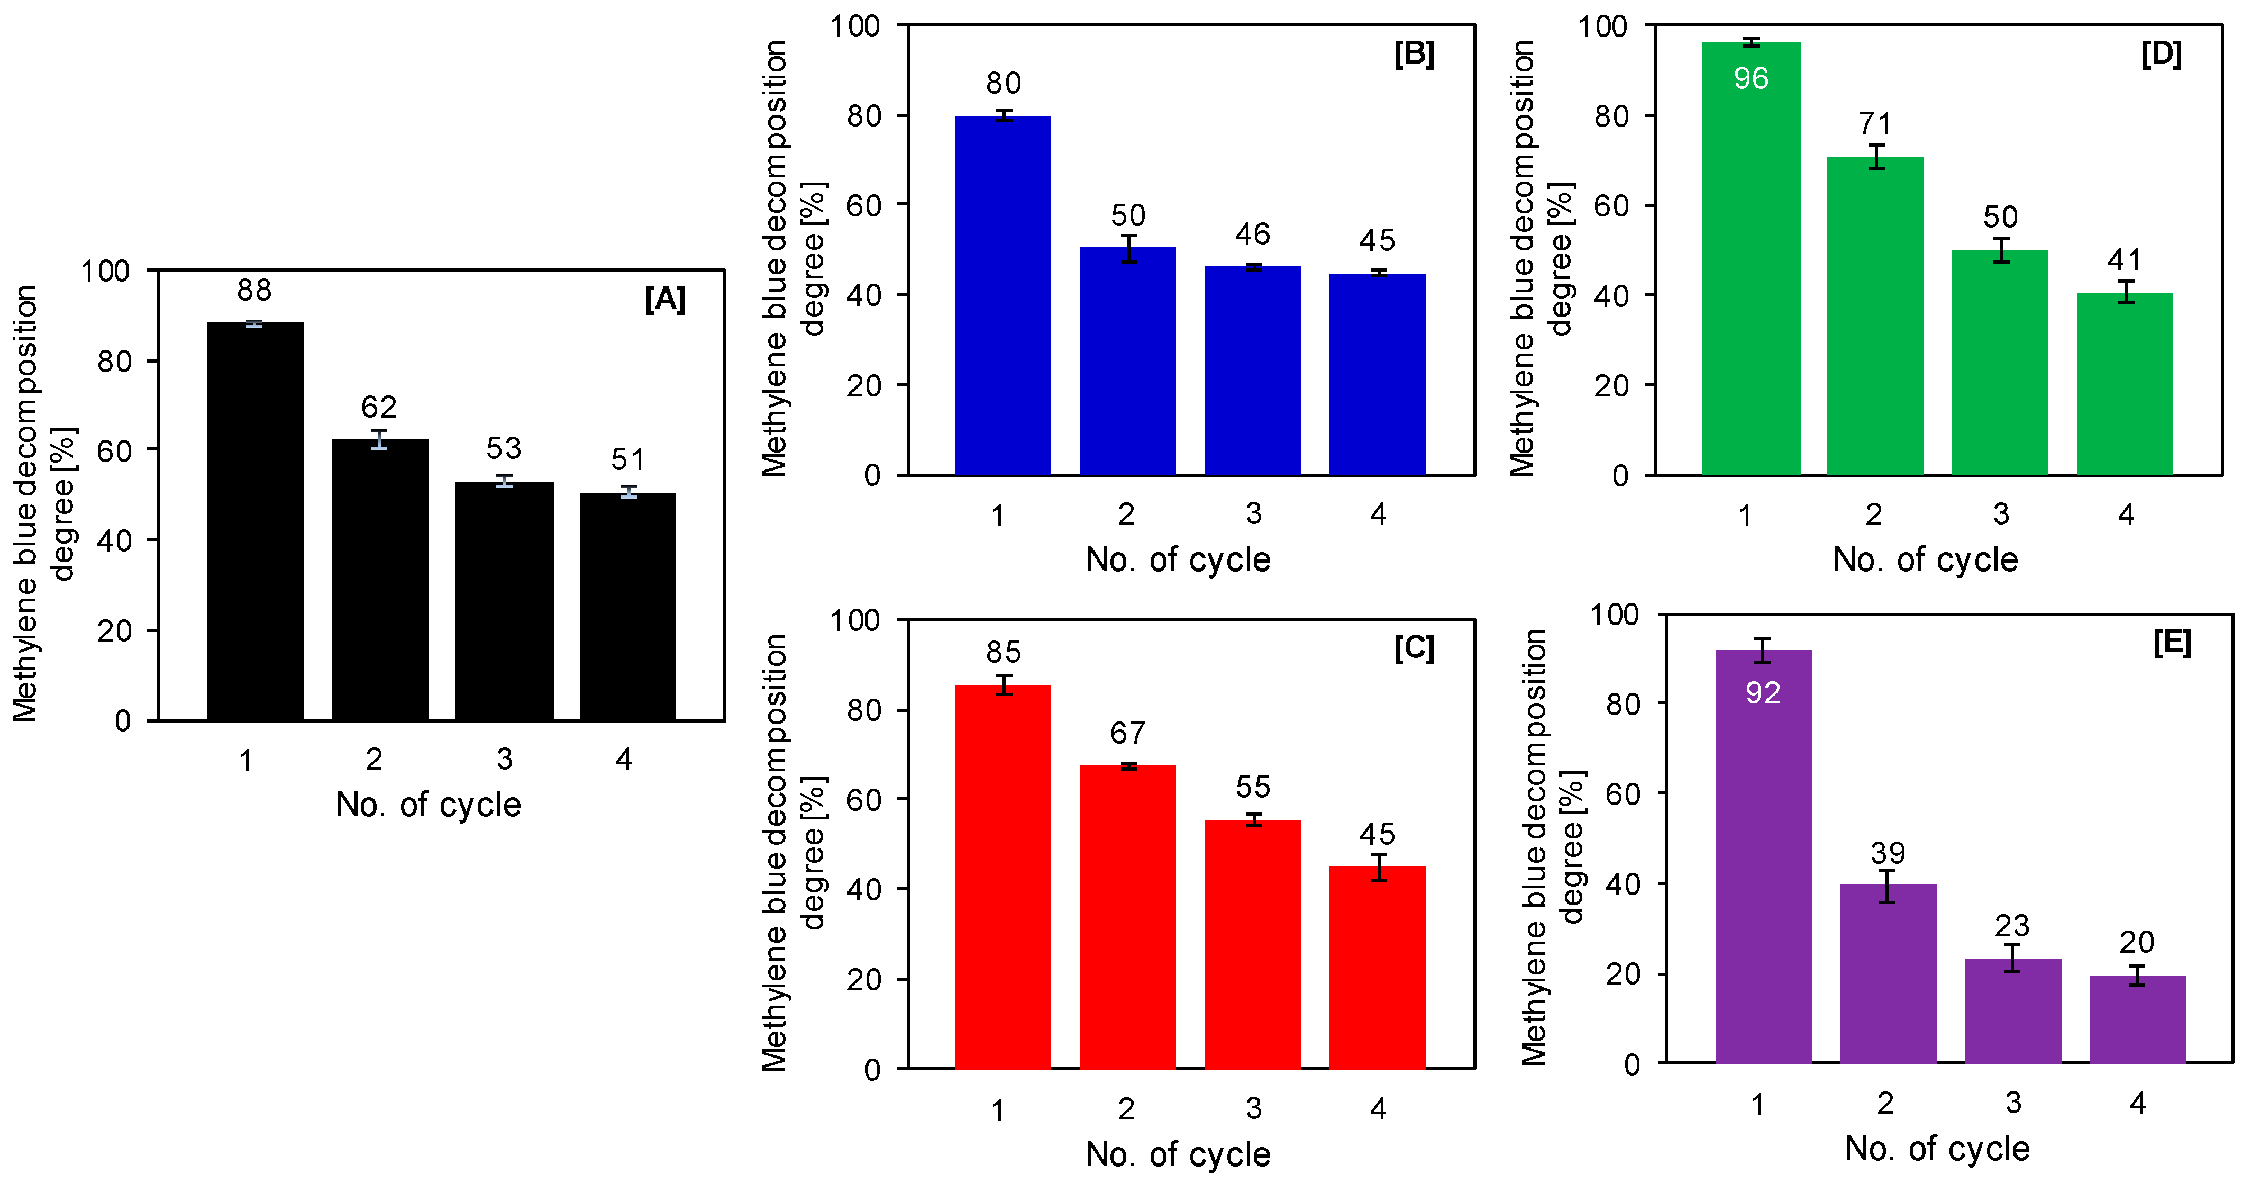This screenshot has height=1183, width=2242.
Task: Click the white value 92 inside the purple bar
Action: (1763, 693)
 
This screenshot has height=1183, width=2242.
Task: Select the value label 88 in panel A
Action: (254, 290)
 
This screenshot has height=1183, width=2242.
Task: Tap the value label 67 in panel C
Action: (1127, 733)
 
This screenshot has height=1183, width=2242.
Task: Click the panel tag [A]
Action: (665, 300)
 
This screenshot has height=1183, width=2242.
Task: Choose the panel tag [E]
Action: (2172, 643)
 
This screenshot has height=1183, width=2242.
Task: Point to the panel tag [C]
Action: (1414, 648)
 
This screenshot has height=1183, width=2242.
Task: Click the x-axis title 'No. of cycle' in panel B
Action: (1178, 559)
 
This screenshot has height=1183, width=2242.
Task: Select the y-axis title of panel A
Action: (43, 503)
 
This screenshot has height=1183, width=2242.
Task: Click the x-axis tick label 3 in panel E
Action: (2012, 1103)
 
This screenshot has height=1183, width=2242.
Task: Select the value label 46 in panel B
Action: (1252, 234)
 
